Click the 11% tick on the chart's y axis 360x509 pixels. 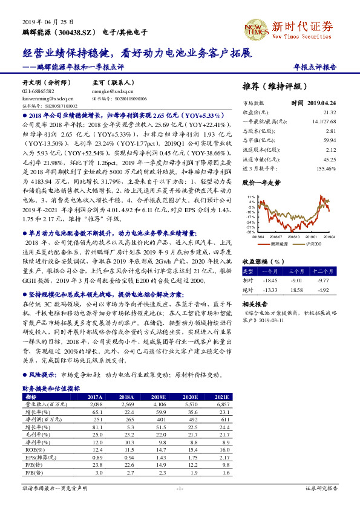pos(251,196)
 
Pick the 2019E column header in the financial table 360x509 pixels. pos(160,397)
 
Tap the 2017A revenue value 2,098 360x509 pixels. pos(96,403)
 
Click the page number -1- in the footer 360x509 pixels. pos(179,487)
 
